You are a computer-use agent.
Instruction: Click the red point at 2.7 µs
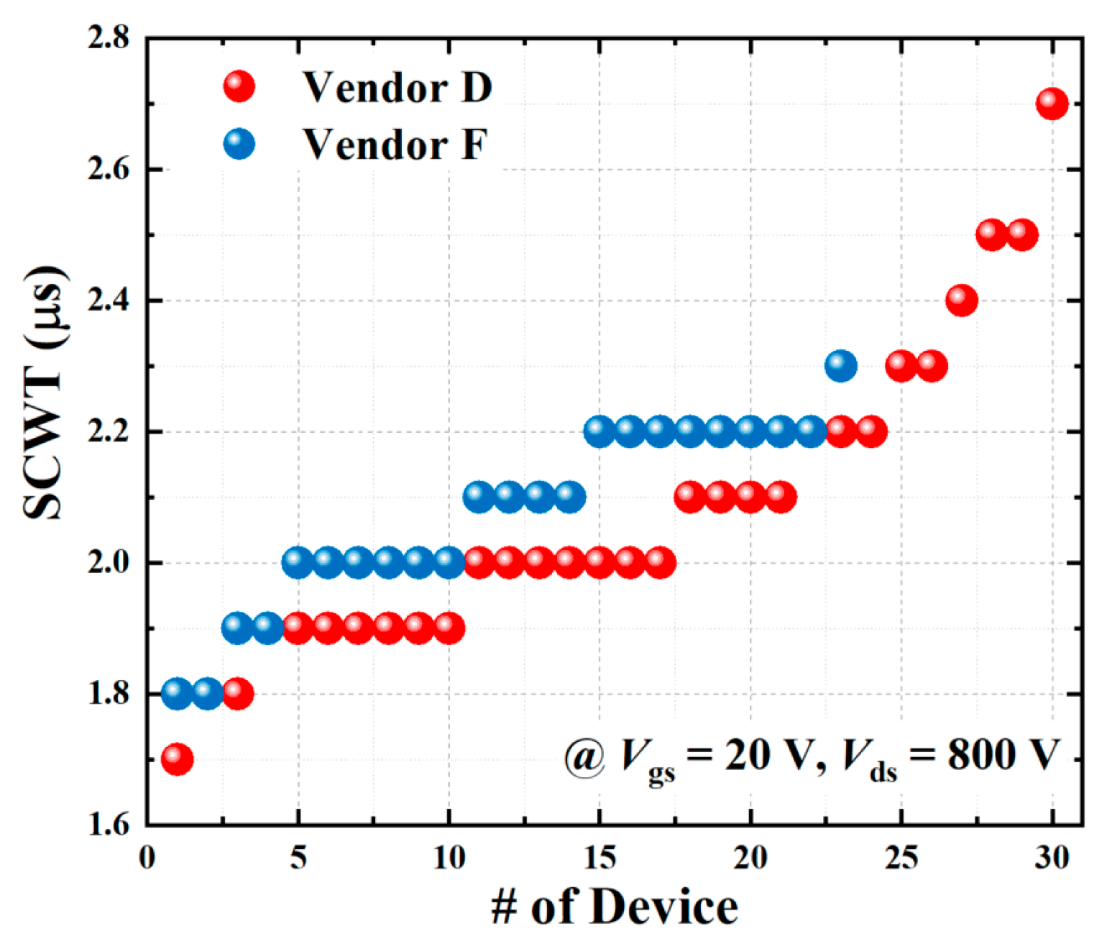click(1052, 104)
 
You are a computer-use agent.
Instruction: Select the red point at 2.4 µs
click(961, 301)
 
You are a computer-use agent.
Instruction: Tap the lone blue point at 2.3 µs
click(840, 366)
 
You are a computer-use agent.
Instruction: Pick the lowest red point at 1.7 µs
click(177, 758)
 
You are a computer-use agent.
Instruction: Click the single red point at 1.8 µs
click(237, 693)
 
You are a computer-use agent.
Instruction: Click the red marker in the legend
click(239, 86)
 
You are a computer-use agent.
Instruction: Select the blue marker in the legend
click(239, 144)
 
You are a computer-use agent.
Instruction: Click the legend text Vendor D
click(398, 88)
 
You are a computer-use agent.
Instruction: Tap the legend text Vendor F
click(395, 145)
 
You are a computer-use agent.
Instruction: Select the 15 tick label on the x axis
click(599, 858)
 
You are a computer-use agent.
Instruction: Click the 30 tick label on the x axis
click(1052, 858)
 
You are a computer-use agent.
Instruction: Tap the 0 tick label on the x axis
click(147, 858)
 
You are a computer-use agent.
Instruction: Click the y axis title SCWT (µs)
click(43, 392)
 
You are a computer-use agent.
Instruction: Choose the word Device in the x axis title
click(666, 907)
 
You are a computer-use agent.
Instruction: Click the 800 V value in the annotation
click(1003, 756)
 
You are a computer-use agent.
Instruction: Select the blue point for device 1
click(177, 693)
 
